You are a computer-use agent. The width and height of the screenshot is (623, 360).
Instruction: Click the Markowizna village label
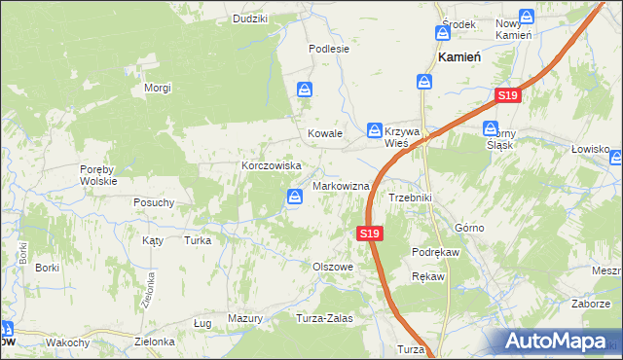(x=340, y=186)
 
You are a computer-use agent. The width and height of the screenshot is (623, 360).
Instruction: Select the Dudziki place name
(x=250, y=18)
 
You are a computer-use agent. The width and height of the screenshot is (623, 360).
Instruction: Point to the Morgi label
(x=158, y=88)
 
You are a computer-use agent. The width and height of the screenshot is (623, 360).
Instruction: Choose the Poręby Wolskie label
(x=98, y=174)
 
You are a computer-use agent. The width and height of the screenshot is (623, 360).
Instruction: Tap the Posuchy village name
(x=154, y=202)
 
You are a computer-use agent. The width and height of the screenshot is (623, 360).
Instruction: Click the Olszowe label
(x=331, y=266)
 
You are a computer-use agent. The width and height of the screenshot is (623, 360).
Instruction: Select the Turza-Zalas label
(x=324, y=318)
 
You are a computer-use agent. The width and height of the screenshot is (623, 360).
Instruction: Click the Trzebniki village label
(x=410, y=198)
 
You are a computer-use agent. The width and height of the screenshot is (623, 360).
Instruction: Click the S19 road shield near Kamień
(x=507, y=95)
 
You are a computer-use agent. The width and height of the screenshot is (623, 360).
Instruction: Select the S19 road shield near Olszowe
(x=368, y=234)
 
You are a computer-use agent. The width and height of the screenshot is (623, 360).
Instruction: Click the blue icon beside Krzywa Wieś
(x=375, y=130)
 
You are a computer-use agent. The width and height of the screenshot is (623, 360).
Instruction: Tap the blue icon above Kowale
(x=306, y=90)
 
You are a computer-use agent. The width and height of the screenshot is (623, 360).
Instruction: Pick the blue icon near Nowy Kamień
(x=527, y=17)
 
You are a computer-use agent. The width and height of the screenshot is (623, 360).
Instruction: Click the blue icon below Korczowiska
(x=295, y=198)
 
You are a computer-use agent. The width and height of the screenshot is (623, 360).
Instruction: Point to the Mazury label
(x=245, y=318)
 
